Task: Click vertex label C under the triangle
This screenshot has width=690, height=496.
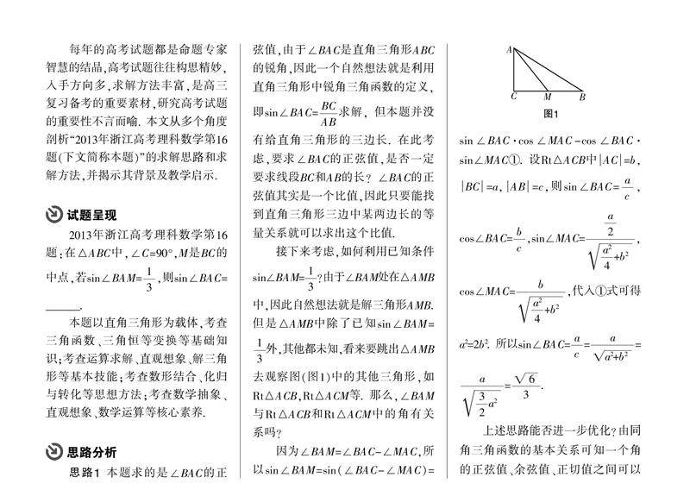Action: coord(514,97)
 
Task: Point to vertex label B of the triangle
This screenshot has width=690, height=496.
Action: coord(582,97)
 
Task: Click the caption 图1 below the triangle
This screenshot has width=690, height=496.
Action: coord(550,114)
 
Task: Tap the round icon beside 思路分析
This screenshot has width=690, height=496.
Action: coord(53,452)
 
